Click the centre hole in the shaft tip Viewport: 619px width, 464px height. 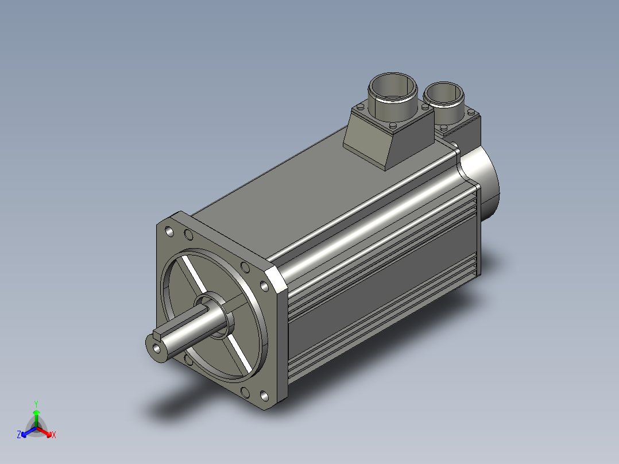[157, 349]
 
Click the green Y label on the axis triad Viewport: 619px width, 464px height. [36, 404]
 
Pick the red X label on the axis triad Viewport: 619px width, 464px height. [54, 435]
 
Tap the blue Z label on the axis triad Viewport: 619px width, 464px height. [19, 434]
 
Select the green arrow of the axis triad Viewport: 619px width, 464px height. [36, 419]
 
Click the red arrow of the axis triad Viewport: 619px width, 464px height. [44, 432]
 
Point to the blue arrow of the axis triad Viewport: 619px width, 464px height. [29, 432]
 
